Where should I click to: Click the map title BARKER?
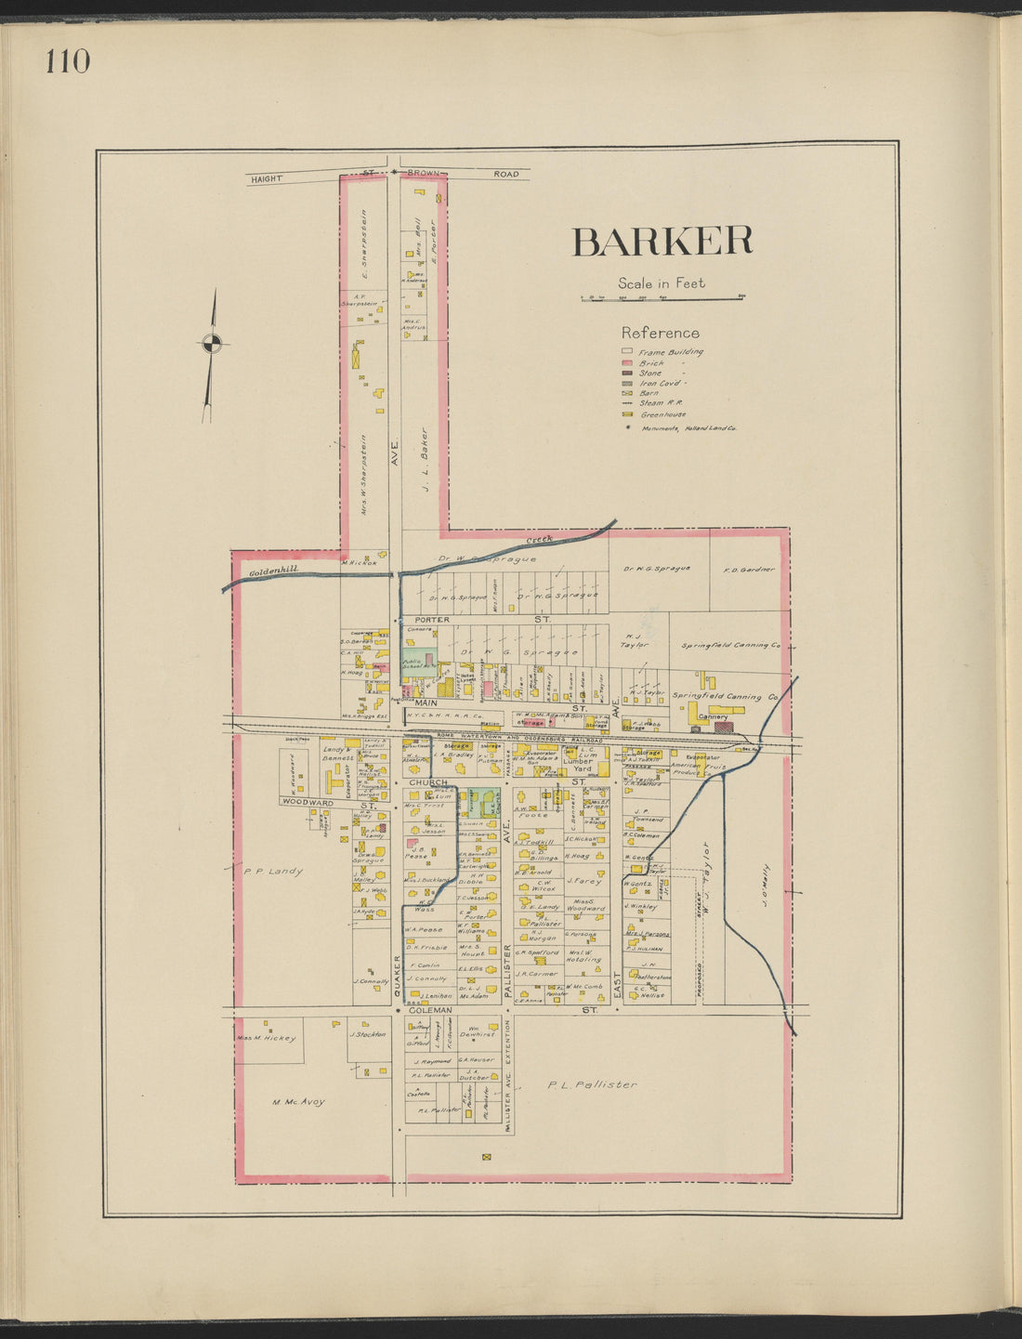pyautogui.click(x=662, y=242)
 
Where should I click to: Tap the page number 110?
pyautogui.click(x=67, y=61)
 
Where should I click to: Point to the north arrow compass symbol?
pyautogui.click(x=212, y=344)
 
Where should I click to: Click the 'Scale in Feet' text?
pyautogui.click(x=662, y=283)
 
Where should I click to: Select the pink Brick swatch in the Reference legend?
pyautogui.click(x=627, y=363)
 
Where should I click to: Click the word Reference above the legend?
pyautogui.click(x=660, y=333)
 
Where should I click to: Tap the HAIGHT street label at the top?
pyautogui.click(x=267, y=178)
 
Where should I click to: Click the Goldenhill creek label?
pyautogui.click(x=274, y=569)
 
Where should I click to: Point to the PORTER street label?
pyautogui.click(x=432, y=619)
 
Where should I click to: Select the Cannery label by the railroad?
pyautogui.click(x=713, y=716)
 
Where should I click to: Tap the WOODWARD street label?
pyautogui.click(x=308, y=802)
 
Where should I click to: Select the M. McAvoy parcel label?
pyautogui.click(x=298, y=1102)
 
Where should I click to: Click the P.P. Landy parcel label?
pyautogui.click(x=273, y=871)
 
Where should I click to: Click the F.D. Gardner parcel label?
pyautogui.click(x=749, y=570)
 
